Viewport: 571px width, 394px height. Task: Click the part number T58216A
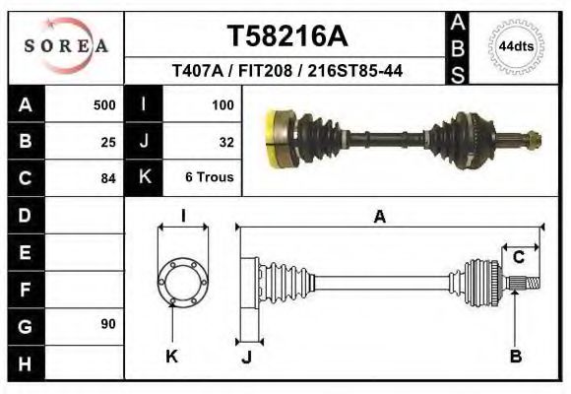pos(287,36)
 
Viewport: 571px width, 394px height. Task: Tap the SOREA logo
pos(65,46)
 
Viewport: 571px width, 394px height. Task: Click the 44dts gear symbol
pos(517,45)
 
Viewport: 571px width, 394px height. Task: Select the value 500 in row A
pos(104,104)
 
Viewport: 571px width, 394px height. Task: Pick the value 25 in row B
pos(108,142)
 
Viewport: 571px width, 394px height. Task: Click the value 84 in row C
pos(108,179)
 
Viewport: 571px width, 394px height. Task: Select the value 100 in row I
pos(222,104)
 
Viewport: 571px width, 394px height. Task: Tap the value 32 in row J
pos(225,142)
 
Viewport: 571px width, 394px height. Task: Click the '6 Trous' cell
pos(209,178)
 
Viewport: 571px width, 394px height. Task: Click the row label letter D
pos(25,215)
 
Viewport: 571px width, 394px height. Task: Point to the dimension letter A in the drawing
pos(379,218)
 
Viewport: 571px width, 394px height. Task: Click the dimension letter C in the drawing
pos(518,258)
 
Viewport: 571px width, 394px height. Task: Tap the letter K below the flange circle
pos(171,356)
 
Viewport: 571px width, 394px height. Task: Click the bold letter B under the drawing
pos(515,356)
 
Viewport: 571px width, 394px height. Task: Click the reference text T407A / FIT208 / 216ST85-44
pos(286,72)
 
